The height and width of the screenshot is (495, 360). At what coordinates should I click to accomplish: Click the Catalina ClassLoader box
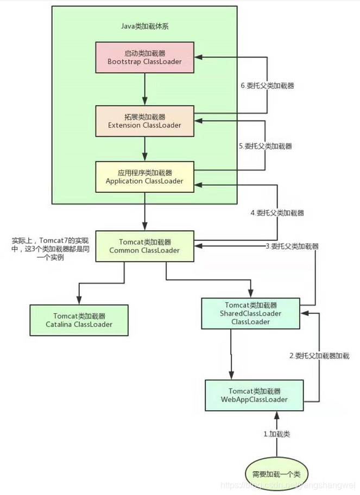point(79,320)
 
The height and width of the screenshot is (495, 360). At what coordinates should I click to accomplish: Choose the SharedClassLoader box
point(250,313)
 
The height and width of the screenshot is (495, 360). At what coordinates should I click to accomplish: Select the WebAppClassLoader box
point(254,395)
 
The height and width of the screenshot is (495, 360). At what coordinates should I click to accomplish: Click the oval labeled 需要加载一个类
point(277,473)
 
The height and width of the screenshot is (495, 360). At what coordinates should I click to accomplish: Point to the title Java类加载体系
point(144,26)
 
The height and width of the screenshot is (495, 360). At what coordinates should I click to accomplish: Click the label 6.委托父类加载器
point(268,86)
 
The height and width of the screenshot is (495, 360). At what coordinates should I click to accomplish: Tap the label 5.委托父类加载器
point(266,147)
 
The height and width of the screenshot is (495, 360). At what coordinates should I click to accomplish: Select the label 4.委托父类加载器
point(277,213)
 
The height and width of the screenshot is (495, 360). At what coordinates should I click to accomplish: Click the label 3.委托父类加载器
point(292,246)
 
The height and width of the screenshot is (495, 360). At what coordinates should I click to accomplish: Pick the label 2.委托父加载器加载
point(319,356)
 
